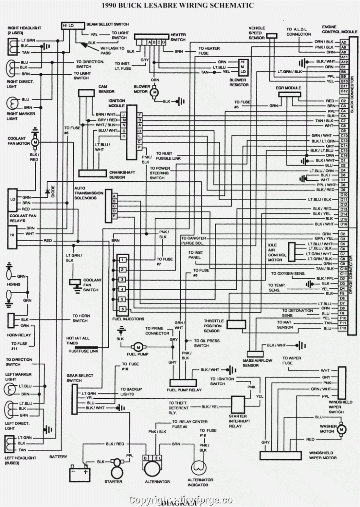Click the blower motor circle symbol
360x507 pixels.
(154, 92)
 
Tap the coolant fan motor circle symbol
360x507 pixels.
(35, 141)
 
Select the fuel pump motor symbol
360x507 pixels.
(138, 347)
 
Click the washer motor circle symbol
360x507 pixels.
(341, 429)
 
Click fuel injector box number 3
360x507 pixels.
(122, 279)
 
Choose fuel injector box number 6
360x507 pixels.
(122, 309)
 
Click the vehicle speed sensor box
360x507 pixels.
(271, 36)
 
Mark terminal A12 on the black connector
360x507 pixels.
(343, 61)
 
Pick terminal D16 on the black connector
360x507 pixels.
(343, 224)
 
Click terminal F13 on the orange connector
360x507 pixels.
(343, 328)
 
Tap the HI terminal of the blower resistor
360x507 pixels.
(243, 61)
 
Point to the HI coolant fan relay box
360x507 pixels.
(12, 234)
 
